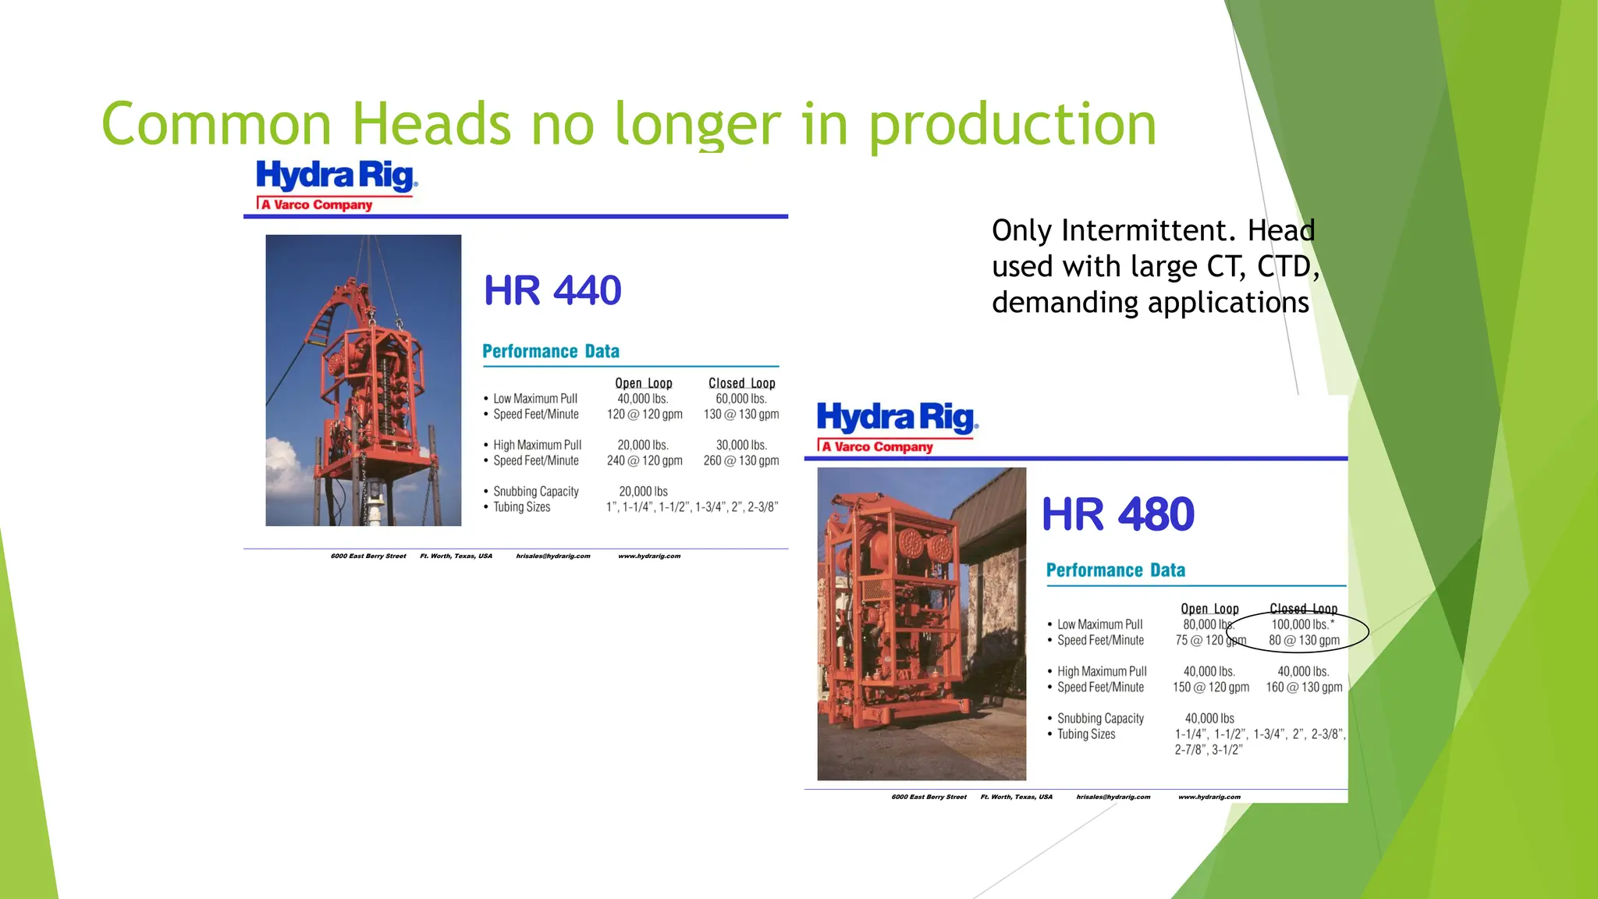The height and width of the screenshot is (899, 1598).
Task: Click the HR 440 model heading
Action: click(x=552, y=291)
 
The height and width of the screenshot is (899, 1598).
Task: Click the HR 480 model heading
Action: click(x=1117, y=515)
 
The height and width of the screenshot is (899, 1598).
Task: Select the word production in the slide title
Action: click(x=1012, y=126)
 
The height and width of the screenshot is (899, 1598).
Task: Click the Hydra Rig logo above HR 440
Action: click(x=336, y=185)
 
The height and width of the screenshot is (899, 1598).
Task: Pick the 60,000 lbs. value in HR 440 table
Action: click(x=741, y=399)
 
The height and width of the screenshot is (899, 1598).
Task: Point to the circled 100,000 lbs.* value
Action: click(x=1302, y=624)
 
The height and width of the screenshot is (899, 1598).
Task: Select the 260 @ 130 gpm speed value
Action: click(x=741, y=460)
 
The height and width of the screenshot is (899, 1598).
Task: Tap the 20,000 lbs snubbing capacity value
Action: click(x=643, y=492)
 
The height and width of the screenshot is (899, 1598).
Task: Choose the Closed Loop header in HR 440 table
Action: click(x=741, y=383)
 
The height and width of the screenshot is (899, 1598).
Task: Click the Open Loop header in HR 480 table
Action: click(x=1209, y=609)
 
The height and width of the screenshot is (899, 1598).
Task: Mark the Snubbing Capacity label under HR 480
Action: click(x=1100, y=718)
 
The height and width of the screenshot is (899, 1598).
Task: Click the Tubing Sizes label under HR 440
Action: click(x=521, y=507)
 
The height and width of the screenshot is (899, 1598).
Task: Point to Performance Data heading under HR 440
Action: click(x=551, y=351)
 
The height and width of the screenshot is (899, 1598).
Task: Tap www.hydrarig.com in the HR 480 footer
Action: click(x=1209, y=797)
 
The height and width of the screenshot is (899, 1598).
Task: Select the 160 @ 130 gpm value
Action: click(x=1304, y=687)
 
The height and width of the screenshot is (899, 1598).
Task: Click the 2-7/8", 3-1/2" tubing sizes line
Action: click(x=1209, y=750)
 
